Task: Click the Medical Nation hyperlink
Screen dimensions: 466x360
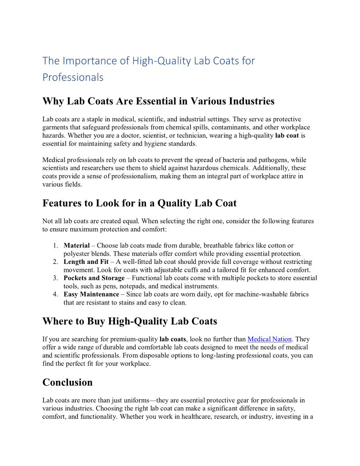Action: click(x=270, y=339)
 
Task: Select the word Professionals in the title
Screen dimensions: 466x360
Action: click(x=73, y=77)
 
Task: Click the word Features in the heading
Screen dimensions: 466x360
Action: click(x=63, y=203)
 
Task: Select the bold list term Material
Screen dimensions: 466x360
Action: click(x=77, y=245)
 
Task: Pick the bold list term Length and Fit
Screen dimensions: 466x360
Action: click(x=86, y=262)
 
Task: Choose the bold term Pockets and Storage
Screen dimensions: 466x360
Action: click(x=94, y=278)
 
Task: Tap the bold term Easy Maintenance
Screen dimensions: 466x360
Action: click(x=91, y=294)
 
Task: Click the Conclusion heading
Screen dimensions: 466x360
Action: click(x=67, y=382)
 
